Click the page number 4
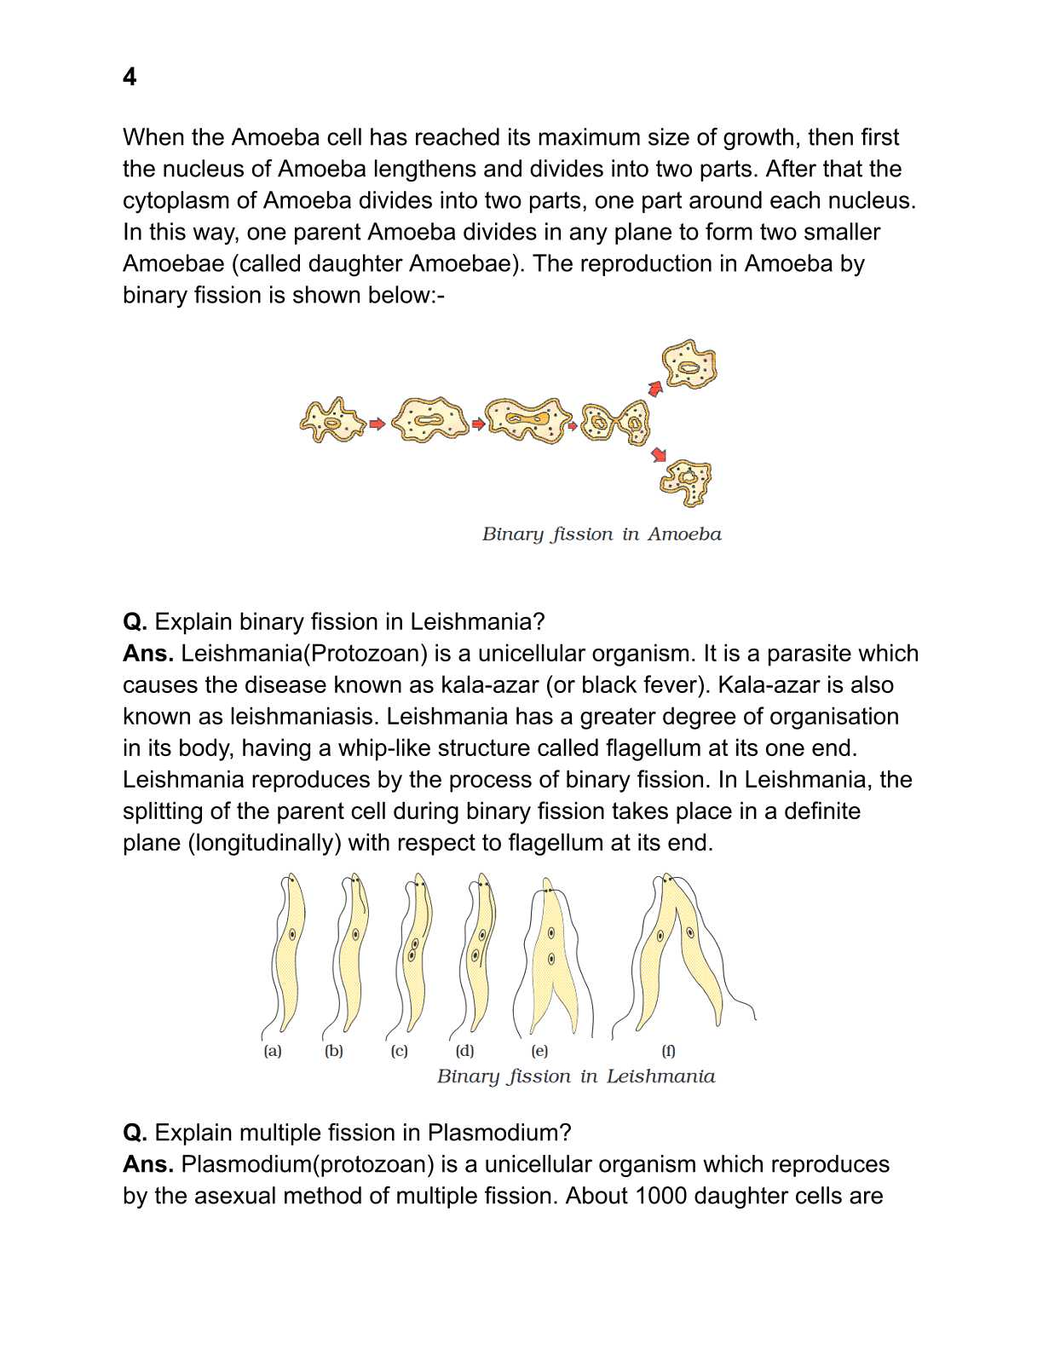coord(130,77)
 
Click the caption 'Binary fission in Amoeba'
coord(602,534)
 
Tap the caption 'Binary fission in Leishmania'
coord(576,1076)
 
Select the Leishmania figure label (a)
coord(273,1051)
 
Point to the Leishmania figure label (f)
coord(669,1051)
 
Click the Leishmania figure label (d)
coord(465,1051)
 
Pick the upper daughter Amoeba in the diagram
coord(689,365)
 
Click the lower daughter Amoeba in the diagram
coord(687,482)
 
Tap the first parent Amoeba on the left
coord(332,420)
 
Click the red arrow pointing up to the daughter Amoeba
coord(655,389)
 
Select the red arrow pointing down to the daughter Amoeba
coord(659,454)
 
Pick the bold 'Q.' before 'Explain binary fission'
coord(135,622)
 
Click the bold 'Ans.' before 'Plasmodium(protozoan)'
coord(148,1164)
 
